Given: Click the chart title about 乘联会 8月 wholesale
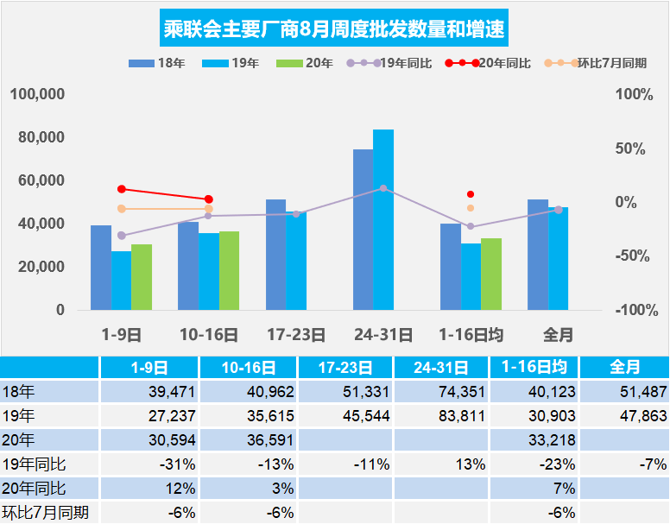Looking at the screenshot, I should pos(334,30).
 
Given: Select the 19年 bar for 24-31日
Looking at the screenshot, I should pos(382,220).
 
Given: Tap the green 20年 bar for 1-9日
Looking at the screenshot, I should pos(142,277).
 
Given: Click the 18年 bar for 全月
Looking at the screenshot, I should pos(538,255).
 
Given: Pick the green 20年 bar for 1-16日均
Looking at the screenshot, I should pos(491,274).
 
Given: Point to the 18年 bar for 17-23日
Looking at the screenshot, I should pos(275,255).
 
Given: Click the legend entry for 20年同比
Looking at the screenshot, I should pos(489,64).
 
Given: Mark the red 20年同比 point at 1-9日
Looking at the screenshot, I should pos(122,189).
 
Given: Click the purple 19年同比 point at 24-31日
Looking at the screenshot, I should pos(383,188).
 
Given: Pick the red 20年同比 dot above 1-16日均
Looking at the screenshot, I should pos(471,194).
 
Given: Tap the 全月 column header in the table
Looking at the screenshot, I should pos(624,367).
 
